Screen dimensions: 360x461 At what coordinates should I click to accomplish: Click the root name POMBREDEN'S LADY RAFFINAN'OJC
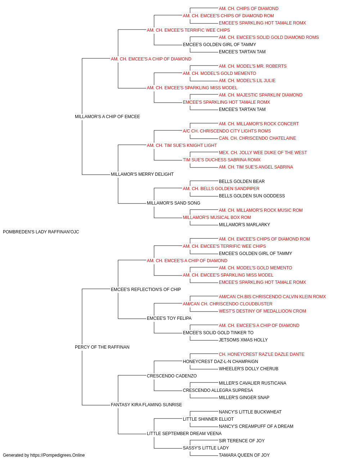pos(41,232)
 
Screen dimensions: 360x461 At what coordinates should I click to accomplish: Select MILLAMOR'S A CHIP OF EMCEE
pos(107,117)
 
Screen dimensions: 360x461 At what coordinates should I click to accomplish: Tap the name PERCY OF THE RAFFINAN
pos(102,347)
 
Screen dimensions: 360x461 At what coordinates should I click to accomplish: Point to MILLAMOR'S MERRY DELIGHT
pos(142,174)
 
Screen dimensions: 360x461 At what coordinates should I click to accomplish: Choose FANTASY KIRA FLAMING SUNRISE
pos(146,405)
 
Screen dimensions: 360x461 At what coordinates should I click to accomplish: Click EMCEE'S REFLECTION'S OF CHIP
pos(146,290)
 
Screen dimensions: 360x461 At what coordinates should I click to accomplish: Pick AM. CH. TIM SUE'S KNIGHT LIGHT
pos(182,146)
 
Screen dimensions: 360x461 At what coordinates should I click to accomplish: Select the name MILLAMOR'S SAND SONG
pos(174,203)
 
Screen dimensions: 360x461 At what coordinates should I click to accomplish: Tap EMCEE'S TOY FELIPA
pos(169,318)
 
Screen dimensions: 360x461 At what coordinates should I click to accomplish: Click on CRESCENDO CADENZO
pos(172,376)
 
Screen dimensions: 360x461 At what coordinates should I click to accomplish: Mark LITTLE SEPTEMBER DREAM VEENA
pos(184,434)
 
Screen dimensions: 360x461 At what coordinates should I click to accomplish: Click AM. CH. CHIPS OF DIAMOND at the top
pos(248,9)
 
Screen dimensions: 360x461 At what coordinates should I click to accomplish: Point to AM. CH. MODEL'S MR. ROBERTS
pos(252,66)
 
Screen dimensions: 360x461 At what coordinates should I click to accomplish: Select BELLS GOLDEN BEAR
pos(242,182)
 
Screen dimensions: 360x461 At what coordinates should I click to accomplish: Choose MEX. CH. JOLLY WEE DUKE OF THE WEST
pos(263,153)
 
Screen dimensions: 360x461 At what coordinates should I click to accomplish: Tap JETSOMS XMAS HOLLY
pos(243,340)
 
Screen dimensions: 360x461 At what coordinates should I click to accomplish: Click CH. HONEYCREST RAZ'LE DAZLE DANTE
pos(261,354)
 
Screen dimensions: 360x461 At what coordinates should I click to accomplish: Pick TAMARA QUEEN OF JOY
pos(244,455)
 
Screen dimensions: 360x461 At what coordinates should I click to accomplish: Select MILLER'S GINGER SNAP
pos(244,398)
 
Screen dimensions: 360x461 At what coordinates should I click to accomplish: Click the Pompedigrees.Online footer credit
pos(44,455)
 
